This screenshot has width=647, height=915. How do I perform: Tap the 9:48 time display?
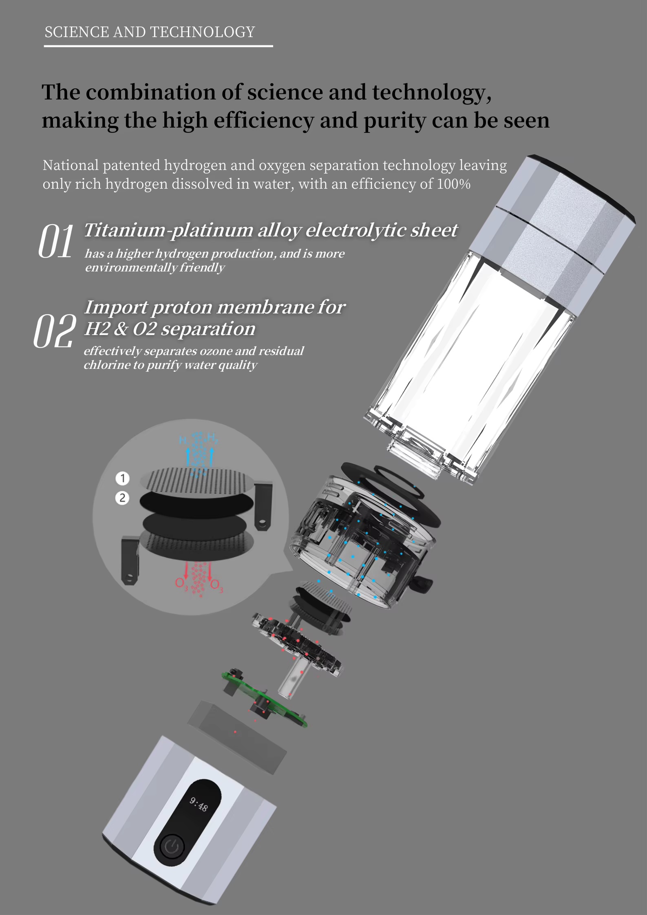coord(199,804)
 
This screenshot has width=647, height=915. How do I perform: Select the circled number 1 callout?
coord(122,478)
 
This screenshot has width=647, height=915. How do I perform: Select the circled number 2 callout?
coord(122,498)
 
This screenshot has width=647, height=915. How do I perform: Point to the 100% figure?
coord(454,184)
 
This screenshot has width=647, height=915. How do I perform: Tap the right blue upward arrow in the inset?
coord(212,456)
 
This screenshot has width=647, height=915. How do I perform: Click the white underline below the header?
coord(158,46)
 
